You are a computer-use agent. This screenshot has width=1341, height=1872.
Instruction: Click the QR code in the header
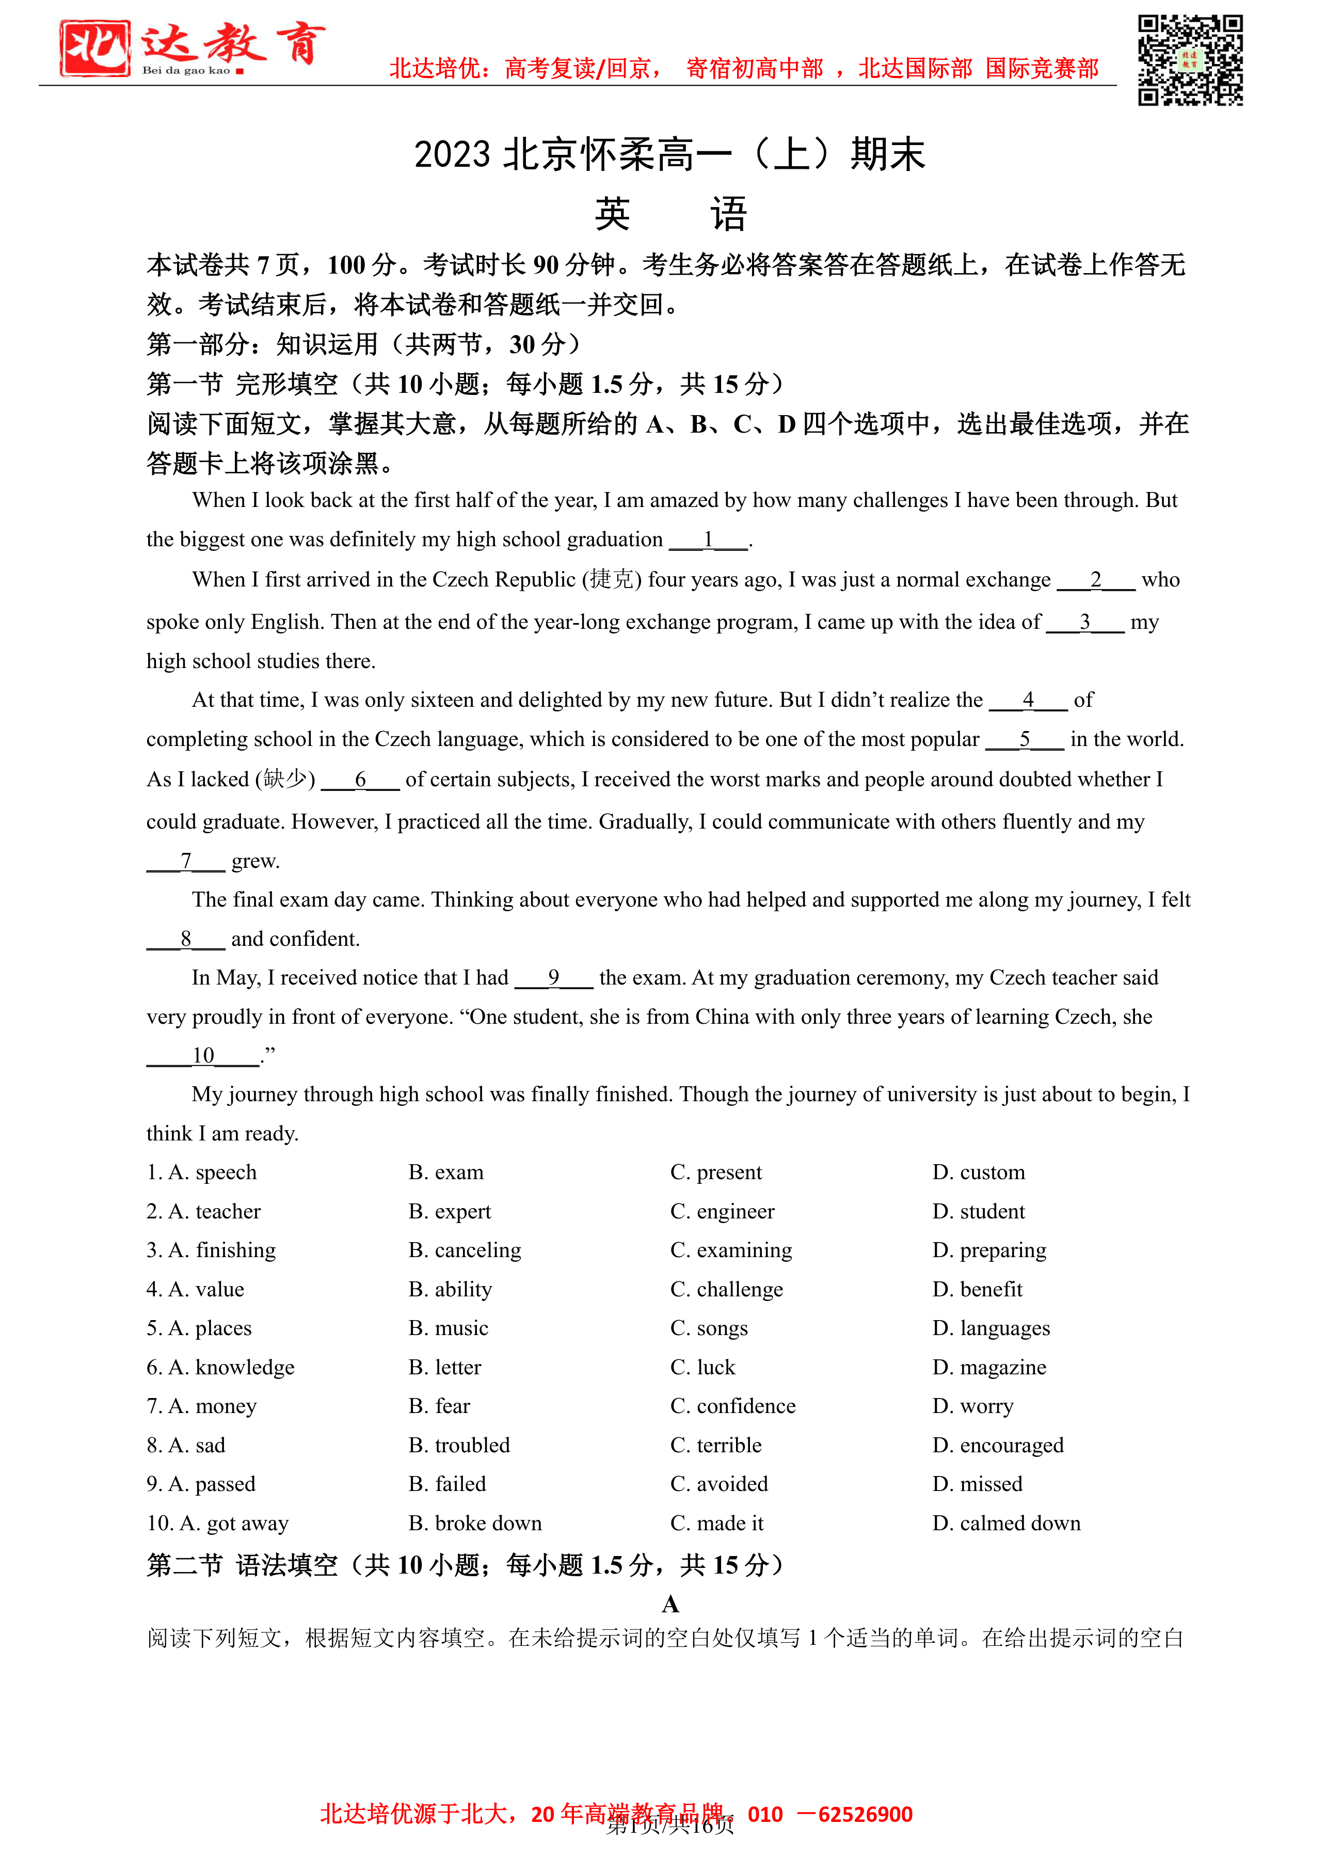[1190, 60]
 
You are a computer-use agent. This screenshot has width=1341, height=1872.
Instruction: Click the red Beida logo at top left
[95, 49]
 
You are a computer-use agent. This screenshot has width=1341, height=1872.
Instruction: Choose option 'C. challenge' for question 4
[726, 1289]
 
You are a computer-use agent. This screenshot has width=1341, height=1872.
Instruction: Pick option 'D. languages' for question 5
[991, 1327]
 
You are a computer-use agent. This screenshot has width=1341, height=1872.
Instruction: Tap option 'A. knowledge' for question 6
[220, 1367]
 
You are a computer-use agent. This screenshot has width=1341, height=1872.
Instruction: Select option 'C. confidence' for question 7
[733, 1406]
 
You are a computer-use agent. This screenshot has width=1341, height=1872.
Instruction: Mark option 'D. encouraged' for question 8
[998, 1445]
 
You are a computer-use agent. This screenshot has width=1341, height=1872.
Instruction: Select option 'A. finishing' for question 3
[211, 1250]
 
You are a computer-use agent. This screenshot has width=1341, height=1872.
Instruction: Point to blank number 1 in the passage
[708, 540]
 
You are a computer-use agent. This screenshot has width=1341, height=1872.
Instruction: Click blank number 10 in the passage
[203, 1056]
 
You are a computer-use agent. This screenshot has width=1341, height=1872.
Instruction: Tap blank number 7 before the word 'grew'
[186, 861]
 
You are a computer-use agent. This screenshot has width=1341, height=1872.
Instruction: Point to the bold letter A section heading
[670, 1604]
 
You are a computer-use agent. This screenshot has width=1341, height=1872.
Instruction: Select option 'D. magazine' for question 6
[988, 1367]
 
